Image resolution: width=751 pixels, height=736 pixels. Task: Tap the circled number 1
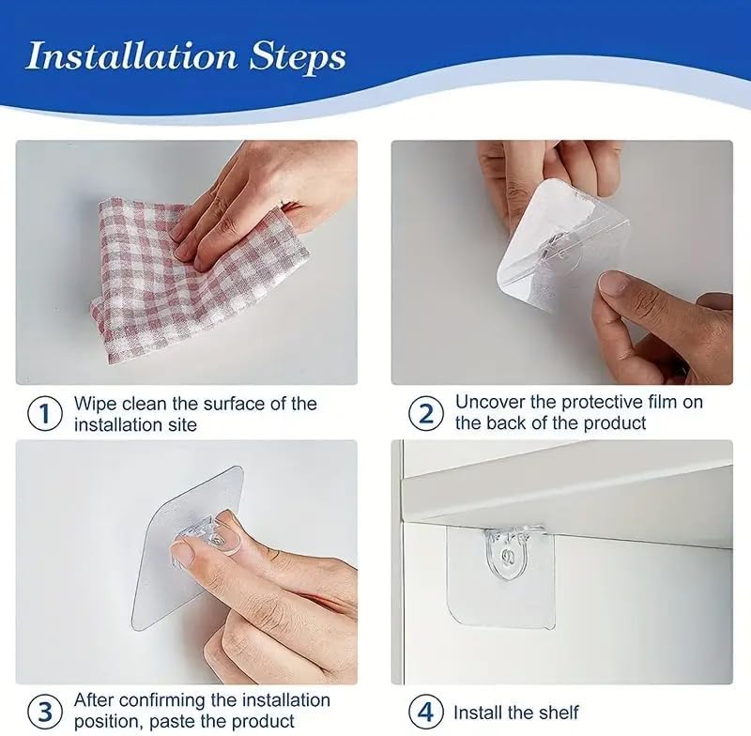tap(44, 413)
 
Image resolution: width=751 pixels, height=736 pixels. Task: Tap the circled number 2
tap(426, 413)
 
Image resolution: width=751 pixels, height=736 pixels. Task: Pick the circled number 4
tap(426, 711)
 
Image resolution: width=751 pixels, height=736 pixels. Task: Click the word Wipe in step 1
tap(96, 404)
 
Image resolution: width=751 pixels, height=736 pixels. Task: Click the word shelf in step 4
tap(559, 712)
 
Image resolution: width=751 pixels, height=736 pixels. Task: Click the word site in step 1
tap(185, 423)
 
